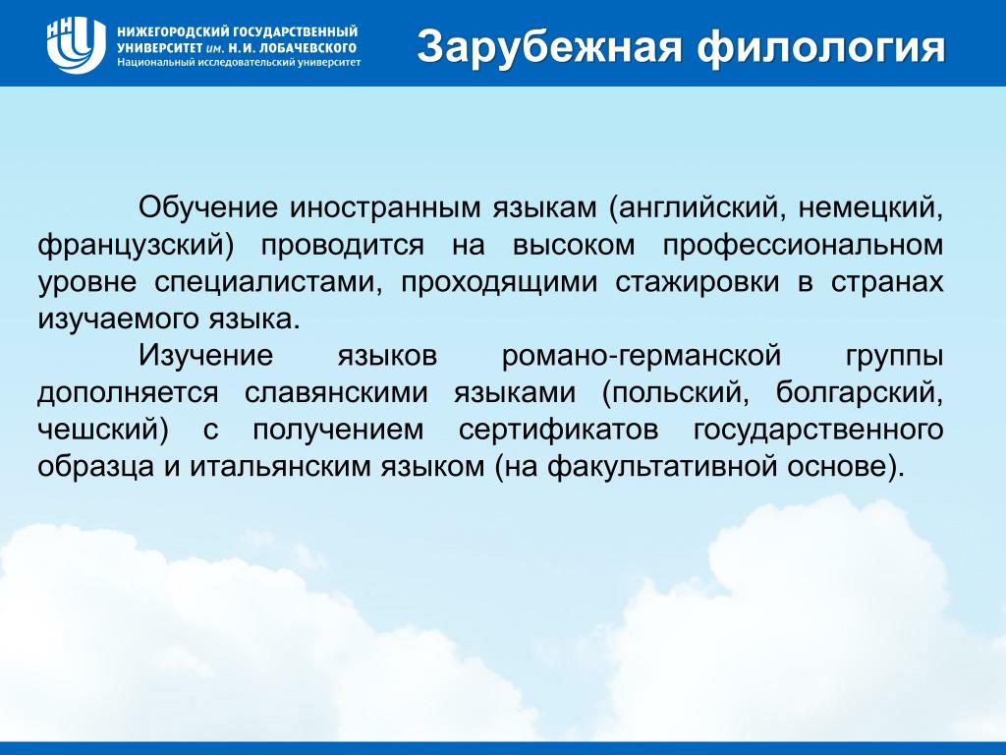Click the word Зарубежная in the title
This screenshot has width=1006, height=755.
point(549,46)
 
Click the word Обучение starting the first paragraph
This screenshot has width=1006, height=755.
point(208,208)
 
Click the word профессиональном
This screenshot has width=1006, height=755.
point(803,246)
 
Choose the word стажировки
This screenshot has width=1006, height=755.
point(698,283)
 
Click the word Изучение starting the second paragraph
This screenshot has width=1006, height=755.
point(206,356)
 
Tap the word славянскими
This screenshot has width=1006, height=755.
point(336,393)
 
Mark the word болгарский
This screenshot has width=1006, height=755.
point(859,393)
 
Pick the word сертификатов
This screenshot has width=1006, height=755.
point(558,431)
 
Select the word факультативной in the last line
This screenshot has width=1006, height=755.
point(673,467)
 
